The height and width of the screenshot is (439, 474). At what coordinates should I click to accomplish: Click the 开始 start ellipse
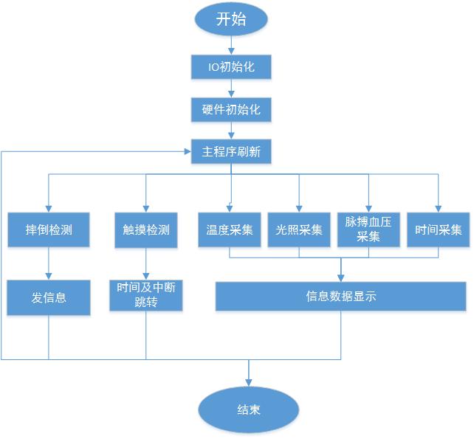(231, 20)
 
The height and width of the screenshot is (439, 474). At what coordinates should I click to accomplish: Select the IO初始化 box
(231, 67)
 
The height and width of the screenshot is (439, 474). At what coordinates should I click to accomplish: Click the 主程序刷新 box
(231, 152)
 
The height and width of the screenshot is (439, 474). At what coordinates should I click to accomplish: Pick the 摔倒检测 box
(49, 229)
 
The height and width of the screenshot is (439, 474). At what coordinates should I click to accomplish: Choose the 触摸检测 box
(145, 229)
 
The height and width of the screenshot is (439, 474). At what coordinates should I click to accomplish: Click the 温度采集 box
(229, 229)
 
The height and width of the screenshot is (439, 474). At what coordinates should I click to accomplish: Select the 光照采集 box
(299, 229)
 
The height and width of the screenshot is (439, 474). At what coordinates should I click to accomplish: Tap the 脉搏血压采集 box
(368, 229)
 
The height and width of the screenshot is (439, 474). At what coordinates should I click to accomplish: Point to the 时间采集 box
(439, 229)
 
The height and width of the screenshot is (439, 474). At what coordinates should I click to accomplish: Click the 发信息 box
(49, 297)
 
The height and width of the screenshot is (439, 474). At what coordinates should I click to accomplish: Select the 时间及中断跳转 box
(145, 295)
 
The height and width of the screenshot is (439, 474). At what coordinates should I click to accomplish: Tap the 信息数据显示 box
(340, 297)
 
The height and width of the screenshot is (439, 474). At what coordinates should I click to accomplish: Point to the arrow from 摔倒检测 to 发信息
(49, 263)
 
